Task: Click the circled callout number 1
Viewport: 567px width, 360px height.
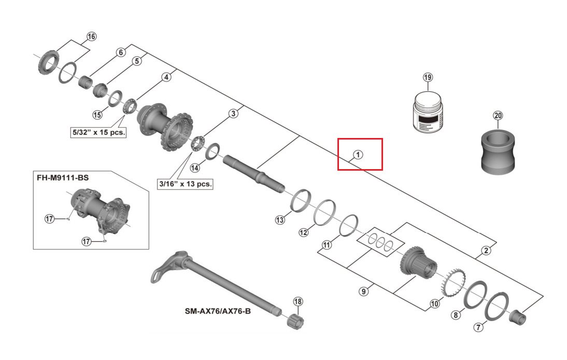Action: pos(357,155)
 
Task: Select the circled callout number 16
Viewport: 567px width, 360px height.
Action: pos(91,37)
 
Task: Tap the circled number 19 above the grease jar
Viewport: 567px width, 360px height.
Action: pos(428,78)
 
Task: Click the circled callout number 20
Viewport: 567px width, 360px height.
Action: pos(498,116)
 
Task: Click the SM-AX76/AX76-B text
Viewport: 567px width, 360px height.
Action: pos(217,312)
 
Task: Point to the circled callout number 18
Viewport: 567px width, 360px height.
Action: pos(297,301)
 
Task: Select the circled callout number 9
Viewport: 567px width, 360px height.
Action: pos(363,292)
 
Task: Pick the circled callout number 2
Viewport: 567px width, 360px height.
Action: pos(486,251)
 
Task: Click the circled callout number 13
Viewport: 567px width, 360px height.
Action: pos(280,220)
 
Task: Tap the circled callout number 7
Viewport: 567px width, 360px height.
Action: pos(478,327)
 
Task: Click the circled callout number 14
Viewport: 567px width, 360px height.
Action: pos(194,168)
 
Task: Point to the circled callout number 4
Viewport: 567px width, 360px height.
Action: pos(166,77)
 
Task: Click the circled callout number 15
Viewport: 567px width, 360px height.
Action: pos(97,115)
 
